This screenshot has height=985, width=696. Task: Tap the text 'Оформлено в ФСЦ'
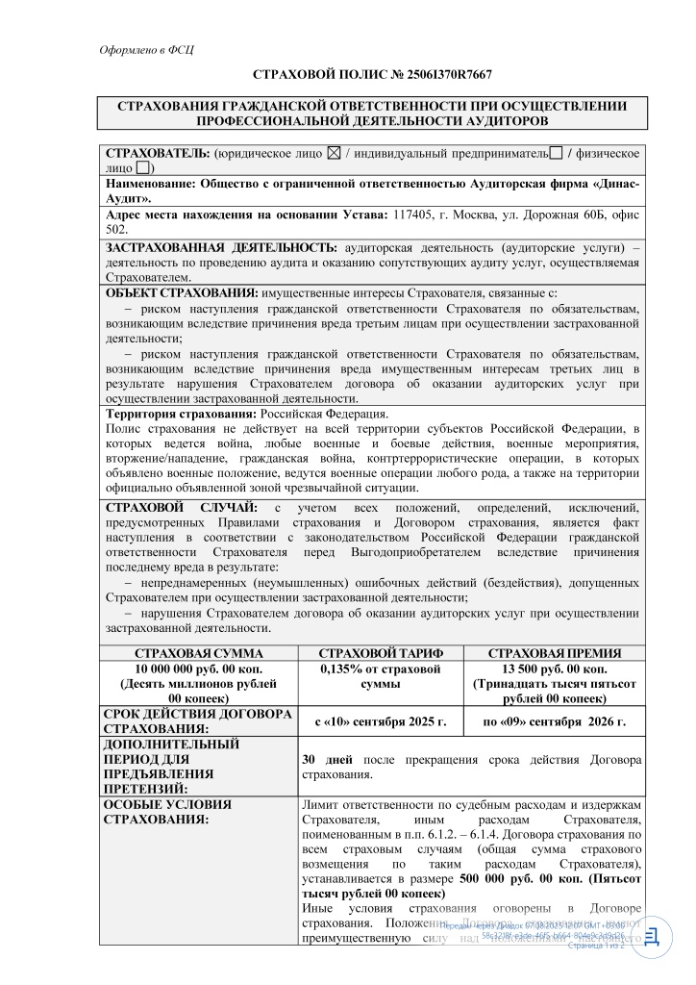[147, 49]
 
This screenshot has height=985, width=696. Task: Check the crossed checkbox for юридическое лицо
[334, 153]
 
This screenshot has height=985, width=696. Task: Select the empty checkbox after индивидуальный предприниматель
[556, 153]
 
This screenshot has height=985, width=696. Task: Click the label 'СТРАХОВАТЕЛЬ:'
[157, 153]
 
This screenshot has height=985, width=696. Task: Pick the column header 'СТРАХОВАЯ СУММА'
[201, 653]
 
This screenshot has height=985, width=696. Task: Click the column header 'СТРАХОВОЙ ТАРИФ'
[380, 653]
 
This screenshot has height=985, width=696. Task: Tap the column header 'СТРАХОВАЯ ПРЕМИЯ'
[554, 653]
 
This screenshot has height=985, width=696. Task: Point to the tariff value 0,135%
[343, 669]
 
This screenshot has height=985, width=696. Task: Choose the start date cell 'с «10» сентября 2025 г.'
[381, 720]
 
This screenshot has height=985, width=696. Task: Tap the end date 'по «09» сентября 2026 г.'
[553, 720]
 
